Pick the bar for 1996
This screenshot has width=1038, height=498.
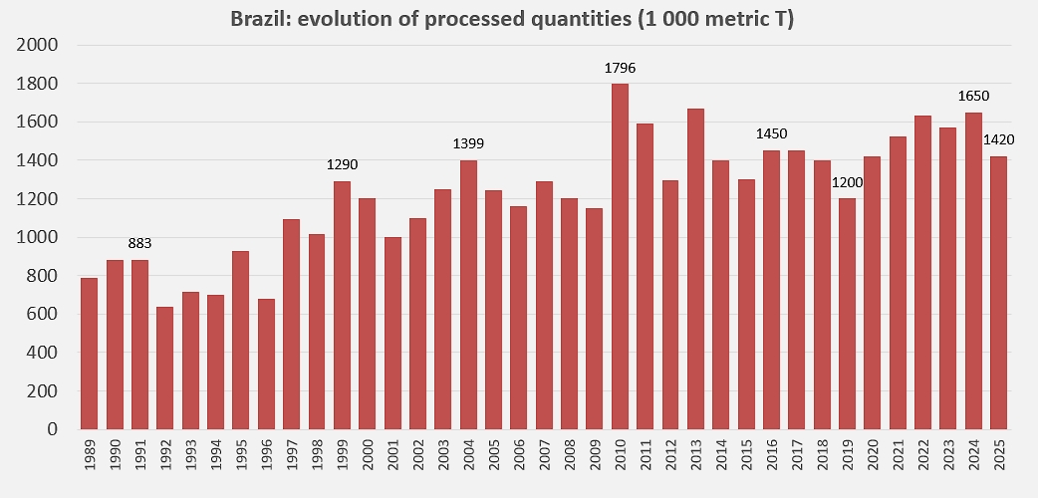[266, 364]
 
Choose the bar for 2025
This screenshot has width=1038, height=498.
[999, 293]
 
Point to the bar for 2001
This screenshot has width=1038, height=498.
[392, 333]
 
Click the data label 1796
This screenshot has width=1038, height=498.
[620, 69]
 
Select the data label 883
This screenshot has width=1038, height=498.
[140, 244]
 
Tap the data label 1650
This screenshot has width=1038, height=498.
[973, 97]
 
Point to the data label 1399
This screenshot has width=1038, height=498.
[468, 144]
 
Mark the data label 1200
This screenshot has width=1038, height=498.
[847, 182]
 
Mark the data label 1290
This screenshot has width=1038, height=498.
[343, 165]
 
